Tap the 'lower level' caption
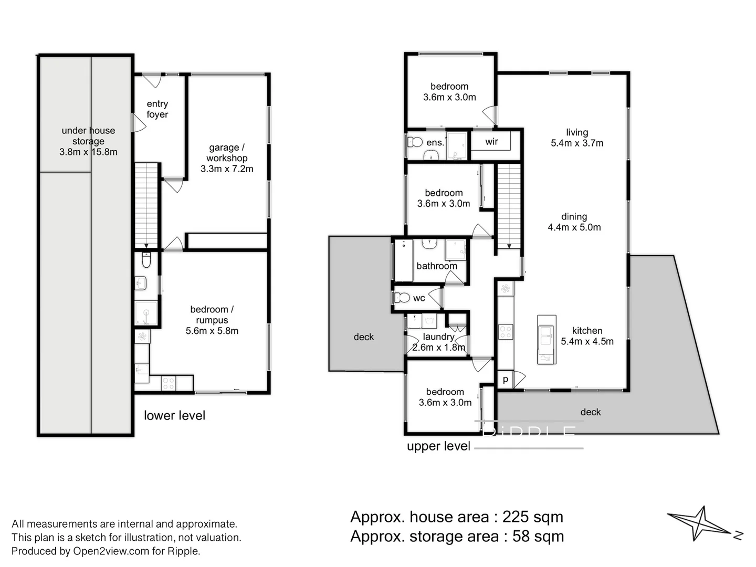(x=174, y=415)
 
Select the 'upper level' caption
(x=438, y=446)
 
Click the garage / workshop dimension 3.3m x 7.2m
(x=227, y=169)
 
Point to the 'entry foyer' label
(x=157, y=109)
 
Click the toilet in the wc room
(x=402, y=298)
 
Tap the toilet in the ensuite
(x=415, y=142)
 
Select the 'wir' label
(x=491, y=142)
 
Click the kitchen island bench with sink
(x=546, y=339)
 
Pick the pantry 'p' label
(x=505, y=379)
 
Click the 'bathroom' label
(x=436, y=266)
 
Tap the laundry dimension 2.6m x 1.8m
(x=439, y=348)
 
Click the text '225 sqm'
(x=532, y=517)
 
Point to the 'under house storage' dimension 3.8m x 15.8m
(x=88, y=152)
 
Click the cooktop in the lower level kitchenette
(x=168, y=383)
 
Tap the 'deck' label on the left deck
(x=363, y=337)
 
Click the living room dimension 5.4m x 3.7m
(x=577, y=143)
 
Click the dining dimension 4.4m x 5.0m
(x=574, y=227)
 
